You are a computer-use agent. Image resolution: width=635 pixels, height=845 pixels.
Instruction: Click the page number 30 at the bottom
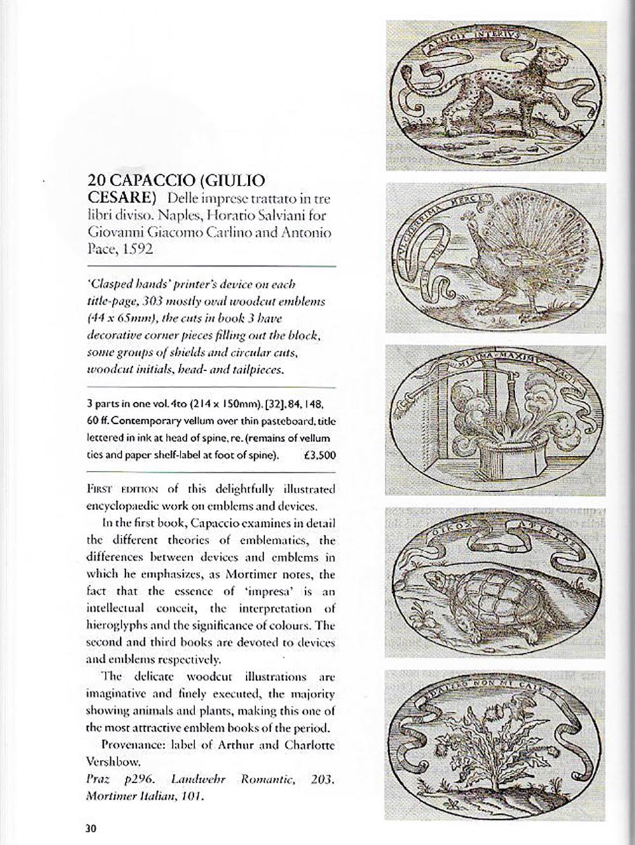click(x=90, y=828)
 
